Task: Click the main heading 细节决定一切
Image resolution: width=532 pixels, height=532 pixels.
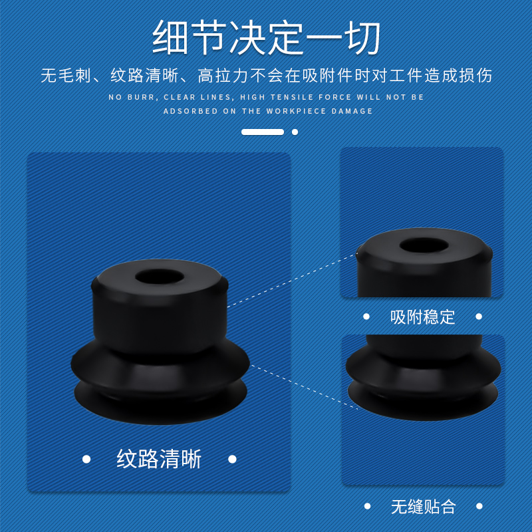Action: [x=266, y=37]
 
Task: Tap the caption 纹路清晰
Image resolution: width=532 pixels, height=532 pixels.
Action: [x=159, y=459]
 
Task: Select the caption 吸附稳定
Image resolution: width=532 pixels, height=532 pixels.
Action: [x=422, y=317]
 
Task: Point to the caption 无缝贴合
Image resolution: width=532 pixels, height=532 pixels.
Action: [x=422, y=507]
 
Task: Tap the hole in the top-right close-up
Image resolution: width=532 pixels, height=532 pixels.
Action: [x=423, y=245]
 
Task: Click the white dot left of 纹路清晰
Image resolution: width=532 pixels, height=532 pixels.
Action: [x=86, y=459]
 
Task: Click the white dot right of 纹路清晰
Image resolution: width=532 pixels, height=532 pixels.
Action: [x=232, y=459]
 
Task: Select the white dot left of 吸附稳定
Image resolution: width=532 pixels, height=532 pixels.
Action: [x=366, y=317]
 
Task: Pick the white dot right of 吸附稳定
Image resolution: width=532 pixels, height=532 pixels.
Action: [x=479, y=317]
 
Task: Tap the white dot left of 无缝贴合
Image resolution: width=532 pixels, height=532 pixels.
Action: [x=366, y=507]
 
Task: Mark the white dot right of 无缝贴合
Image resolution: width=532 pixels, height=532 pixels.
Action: [x=479, y=507]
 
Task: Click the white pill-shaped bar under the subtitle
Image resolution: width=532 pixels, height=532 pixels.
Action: [x=263, y=132]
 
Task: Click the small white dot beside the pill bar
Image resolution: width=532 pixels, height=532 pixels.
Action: [x=295, y=132]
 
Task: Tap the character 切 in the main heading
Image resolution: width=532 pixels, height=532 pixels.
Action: [x=362, y=37]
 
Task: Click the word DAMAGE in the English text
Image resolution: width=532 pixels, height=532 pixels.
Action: [x=351, y=111]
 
